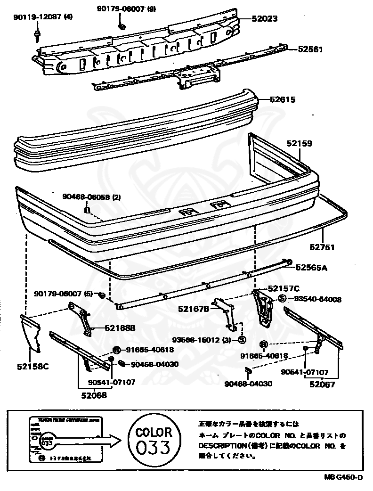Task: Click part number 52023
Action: [x=264, y=19]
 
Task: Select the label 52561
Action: [x=310, y=49]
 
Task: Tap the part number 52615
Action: [x=283, y=99]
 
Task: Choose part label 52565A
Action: [x=311, y=268]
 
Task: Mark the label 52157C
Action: [x=284, y=288]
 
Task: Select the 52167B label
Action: [x=194, y=309]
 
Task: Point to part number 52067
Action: [x=322, y=384]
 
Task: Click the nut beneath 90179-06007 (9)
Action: [x=122, y=25]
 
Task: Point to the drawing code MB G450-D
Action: [x=343, y=478]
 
